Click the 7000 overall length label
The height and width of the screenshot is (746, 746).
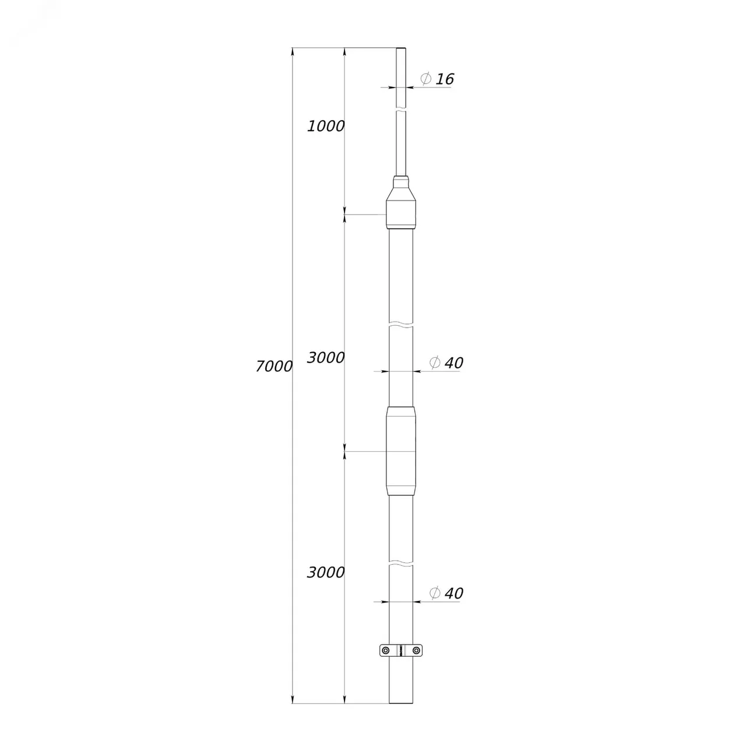tap(274, 366)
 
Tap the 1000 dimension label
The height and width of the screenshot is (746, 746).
tap(326, 126)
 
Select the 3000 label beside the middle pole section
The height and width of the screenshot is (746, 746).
tap(326, 358)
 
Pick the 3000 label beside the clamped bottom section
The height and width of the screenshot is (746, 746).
tap(326, 572)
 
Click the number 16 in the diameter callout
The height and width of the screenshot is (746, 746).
tap(445, 79)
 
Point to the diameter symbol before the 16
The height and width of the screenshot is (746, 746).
tap(426, 79)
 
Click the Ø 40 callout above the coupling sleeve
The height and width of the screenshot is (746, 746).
tap(446, 363)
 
